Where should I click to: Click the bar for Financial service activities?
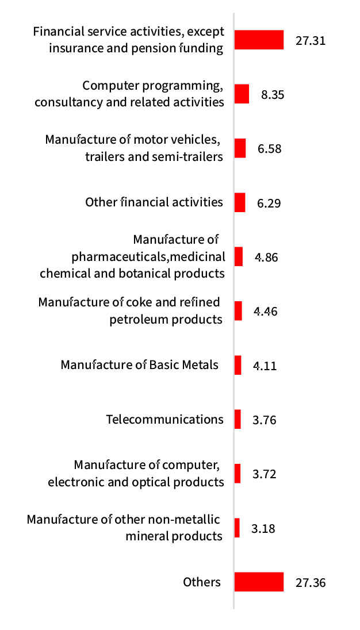[259, 40]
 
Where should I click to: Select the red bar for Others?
[259, 582]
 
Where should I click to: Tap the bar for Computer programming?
[242, 94]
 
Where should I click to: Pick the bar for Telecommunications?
[238, 419]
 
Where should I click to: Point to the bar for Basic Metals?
[238, 365]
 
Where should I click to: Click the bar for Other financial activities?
[240, 202]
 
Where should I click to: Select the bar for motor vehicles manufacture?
[240, 148]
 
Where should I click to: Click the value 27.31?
[311, 41]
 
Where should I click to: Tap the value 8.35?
[273, 95]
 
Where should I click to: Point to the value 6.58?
[270, 149]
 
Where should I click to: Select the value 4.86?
[266, 257]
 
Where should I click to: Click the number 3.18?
[263, 528]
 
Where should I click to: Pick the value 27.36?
[311, 583]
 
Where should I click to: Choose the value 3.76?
[265, 420]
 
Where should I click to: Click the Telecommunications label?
[165, 419]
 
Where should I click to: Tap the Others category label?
[202, 582]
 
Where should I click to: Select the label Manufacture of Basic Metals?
[140, 365]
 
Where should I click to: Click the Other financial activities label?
[154, 202]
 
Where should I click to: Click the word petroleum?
[138, 319]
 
